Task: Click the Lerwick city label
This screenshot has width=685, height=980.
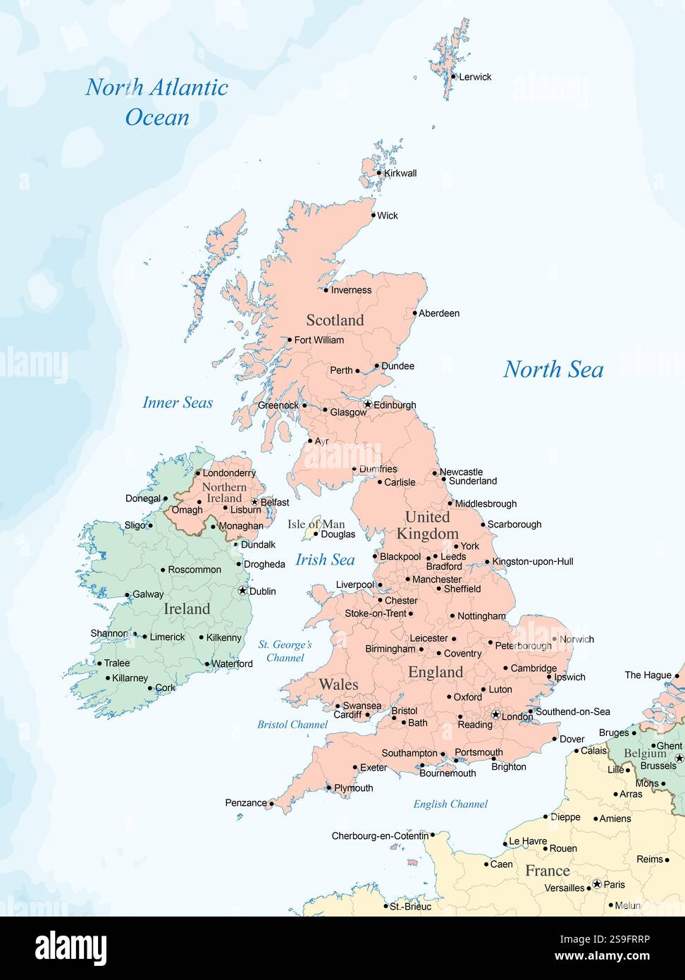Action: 475,77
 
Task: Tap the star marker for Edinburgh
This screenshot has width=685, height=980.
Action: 368,405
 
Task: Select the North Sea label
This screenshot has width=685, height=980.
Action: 553,369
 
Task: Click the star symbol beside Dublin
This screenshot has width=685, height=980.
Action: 243,591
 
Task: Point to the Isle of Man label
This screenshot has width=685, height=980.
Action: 316,524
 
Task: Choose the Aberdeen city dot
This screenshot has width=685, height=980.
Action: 415,314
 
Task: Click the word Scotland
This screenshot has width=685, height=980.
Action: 335,320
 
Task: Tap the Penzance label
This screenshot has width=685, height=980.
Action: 246,802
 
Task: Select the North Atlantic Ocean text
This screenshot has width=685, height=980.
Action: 157,102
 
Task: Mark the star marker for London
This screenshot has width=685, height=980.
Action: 495,715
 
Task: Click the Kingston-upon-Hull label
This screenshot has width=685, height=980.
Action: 533,562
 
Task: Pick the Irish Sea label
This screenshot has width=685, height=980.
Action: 325,560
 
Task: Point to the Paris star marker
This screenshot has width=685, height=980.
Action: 597,884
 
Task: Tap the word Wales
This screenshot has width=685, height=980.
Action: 338,684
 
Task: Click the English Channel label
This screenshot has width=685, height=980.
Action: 450,804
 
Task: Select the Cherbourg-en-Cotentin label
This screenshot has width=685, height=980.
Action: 380,836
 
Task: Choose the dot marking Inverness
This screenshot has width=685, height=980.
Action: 326,290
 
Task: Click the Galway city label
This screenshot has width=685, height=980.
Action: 148,594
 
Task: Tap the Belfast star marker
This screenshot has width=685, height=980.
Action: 255,503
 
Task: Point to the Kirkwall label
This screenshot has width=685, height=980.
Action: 400,173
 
